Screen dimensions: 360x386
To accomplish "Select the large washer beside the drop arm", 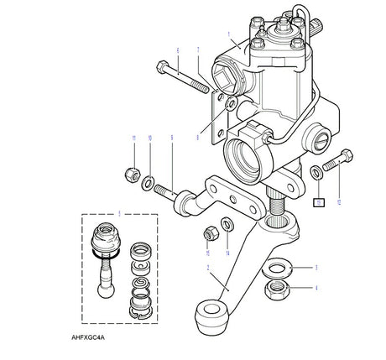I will click(x=277, y=269).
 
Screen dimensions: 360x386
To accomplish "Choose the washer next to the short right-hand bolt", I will click(x=316, y=172).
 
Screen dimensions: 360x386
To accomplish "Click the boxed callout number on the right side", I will click(x=318, y=201).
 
